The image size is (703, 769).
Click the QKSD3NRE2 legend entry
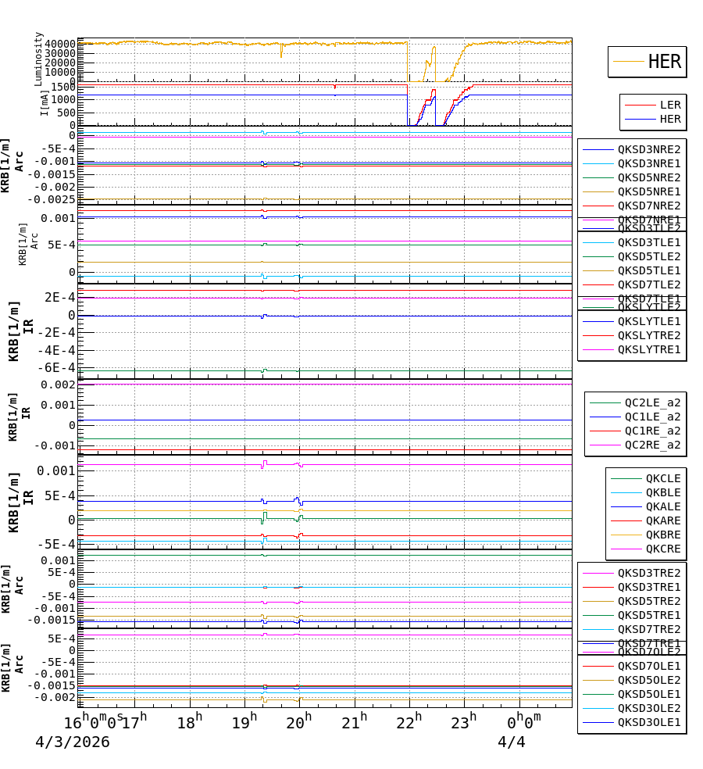[x=648, y=149]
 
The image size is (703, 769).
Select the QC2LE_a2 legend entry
[x=652, y=402]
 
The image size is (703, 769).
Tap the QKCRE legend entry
[x=662, y=549]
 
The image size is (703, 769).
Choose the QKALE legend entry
[x=662, y=506]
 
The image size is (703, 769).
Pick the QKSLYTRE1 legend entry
[x=648, y=349]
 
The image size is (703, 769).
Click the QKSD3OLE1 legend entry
[x=648, y=722]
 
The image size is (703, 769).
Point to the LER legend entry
[x=669, y=105]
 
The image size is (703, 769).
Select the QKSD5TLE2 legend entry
[x=648, y=256]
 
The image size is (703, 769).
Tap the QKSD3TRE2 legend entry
[x=648, y=573]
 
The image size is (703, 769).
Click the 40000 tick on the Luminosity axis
[x=60, y=44]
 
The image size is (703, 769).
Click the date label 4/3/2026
[x=72, y=742]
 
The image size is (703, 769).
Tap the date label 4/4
[x=511, y=742]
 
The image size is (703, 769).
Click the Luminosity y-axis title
[x=38, y=59]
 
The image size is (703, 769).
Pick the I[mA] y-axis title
[x=45, y=102]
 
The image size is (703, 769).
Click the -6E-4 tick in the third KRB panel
[x=59, y=367]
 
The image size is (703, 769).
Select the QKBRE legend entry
[x=662, y=535]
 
